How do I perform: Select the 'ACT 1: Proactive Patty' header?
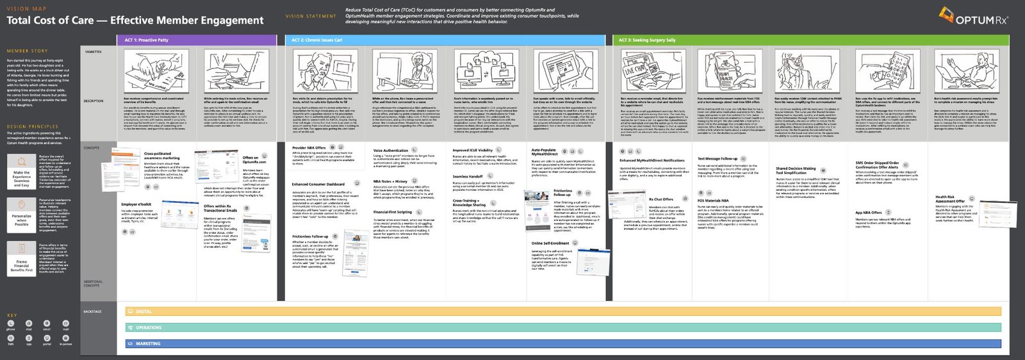[146, 40]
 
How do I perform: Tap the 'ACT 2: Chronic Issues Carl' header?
[316, 40]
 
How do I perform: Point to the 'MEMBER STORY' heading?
[27, 51]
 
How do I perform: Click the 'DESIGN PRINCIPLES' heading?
[32, 127]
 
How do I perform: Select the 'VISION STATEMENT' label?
[311, 16]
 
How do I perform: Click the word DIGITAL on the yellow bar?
[143, 312]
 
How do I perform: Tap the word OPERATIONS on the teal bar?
[148, 328]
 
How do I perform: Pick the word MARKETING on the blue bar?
[148, 344]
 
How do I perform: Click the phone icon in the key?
[11, 323]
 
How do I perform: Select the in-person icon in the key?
[65, 338]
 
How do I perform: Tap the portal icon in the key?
[47, 338]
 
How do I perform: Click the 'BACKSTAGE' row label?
[92, 311]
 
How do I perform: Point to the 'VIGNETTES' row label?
[93, 52]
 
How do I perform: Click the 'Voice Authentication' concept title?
[390, 151]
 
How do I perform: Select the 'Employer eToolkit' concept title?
[136, 204]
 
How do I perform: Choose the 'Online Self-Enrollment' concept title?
[550, 243]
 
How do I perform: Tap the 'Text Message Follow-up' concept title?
[717, 158]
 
